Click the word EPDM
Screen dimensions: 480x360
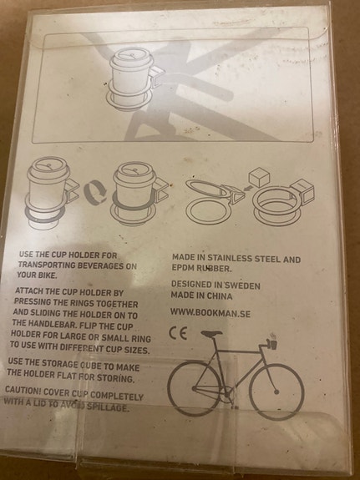tap(185, 271)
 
